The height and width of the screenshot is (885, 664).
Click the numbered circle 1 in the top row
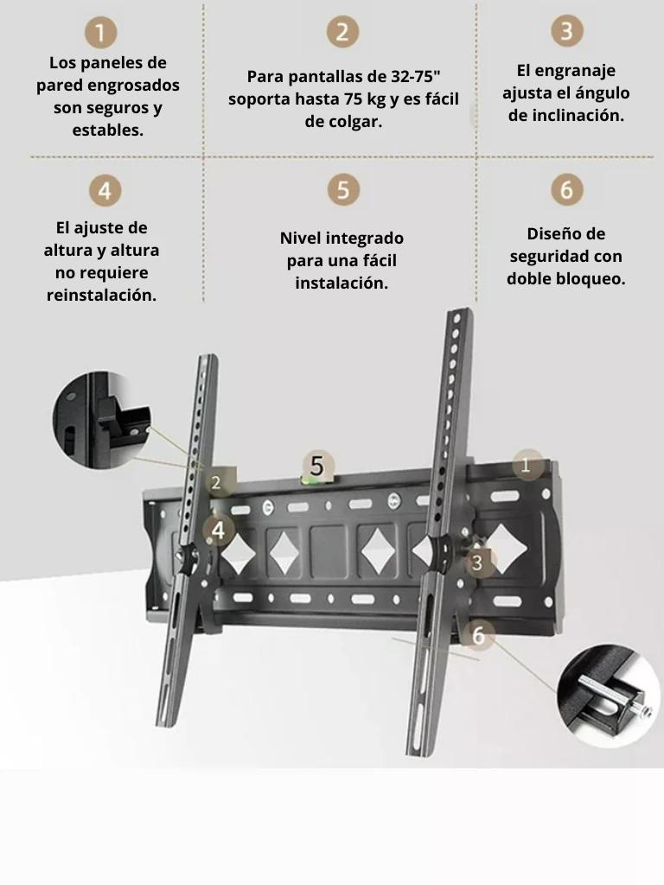tap(102, 34)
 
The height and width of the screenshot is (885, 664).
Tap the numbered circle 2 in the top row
tap(342, 32)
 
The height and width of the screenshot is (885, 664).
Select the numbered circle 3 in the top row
tap(566, 31)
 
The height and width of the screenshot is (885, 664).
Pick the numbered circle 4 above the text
tap(104, 189)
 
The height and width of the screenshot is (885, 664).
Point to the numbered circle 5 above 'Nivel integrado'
tap(343, 189)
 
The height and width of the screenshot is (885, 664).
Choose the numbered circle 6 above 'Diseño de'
tap(566, 189)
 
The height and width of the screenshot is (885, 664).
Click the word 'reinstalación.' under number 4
tap(102, 296)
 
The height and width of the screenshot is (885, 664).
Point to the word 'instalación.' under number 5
tap(342, 283)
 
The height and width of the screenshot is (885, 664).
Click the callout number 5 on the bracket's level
tap(317, 467)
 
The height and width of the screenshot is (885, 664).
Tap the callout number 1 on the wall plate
tap(527, 465)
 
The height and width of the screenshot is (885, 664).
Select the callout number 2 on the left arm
tap(216, 482)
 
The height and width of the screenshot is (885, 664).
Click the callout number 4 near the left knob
tap(218, 530)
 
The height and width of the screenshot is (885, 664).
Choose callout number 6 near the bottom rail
tap(478, 636)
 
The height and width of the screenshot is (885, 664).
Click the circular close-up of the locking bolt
tap(608, 698)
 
